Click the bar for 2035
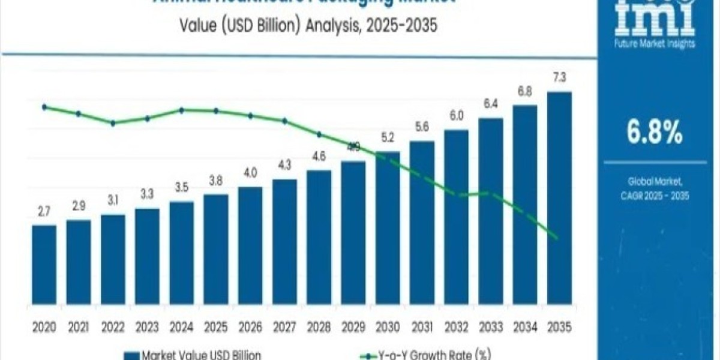pyautogui.click(x=559, y=198)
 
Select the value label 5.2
pyautogui.click(x=388, y=139)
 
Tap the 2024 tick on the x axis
pyautogui.click(x=181, y=327)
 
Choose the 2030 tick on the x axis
pyautogui.click(x=388, y=327)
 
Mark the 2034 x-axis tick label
pyautogui.click(x=525, y=327)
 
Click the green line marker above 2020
pyautogui.click(x=44, y=107)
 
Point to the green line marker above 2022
pyautogui.click(x=113, y=123)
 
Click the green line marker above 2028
pyautogui.click(x=319, y=134)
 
